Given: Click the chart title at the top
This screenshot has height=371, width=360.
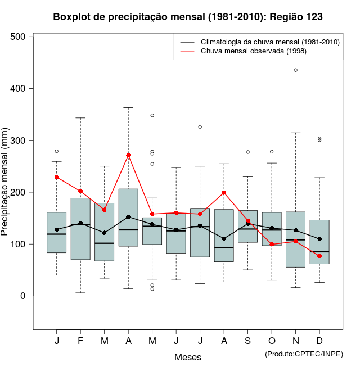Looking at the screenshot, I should [188, 17].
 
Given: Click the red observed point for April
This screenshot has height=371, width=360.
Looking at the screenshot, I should [128, 155].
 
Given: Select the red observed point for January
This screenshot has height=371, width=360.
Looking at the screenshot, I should [57, 177].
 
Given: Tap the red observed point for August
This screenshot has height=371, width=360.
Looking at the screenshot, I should [224, 193].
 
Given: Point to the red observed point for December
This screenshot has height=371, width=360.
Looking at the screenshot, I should [319, 256].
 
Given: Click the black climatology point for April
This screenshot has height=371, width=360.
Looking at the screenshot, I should [128, 217].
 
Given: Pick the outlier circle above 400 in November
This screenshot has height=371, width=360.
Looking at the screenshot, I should [296, 70].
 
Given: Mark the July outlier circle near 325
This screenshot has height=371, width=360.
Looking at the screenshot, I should [200, 127].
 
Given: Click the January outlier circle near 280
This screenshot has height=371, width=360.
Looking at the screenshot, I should [57, 151].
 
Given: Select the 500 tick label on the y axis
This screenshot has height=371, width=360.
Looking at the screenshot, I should [19, 37].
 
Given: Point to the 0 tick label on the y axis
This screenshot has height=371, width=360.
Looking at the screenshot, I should [24, 296].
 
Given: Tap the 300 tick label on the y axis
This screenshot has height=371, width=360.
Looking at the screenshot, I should [19, 141].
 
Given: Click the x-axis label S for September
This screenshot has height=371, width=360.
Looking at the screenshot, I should [248, 341].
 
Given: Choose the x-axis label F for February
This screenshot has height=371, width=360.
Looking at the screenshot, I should [80, 341].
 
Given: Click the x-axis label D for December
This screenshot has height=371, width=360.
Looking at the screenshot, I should [319, 341].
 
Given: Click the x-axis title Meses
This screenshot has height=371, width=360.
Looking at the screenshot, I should [188, 357].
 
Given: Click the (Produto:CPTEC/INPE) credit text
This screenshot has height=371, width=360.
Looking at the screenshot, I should [304, 354].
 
